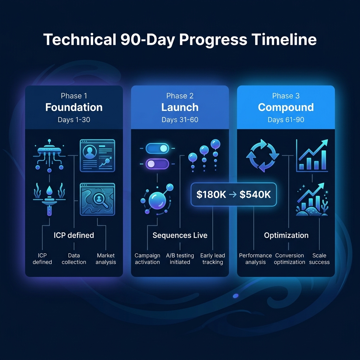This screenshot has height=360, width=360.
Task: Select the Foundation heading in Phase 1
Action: [74, 107]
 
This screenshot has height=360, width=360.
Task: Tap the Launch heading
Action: [180, 107]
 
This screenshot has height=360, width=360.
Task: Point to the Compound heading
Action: [286, 107]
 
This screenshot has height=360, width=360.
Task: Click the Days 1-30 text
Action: [74, 120]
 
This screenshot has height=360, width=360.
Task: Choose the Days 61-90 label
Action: [286, 120]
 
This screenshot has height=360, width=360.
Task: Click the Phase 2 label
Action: [180, 96]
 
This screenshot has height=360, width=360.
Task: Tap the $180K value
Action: [211, 195]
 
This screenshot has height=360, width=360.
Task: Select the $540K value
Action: [255, 195]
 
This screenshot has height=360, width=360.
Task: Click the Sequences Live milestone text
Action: [180, 235]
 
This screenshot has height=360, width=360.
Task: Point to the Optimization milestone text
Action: [286, 235]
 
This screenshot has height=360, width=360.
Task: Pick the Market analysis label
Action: [105, 259]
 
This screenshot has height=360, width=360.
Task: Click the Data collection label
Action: [74, 259]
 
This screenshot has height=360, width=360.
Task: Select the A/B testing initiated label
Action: [180, 259]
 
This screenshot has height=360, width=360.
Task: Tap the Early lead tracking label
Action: [212, 259]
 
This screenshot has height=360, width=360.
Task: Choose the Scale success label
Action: [319, 259]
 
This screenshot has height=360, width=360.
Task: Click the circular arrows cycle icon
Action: [262, 155]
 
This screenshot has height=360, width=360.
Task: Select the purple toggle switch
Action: [157, 163]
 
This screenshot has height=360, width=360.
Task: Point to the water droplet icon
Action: [49, 191]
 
